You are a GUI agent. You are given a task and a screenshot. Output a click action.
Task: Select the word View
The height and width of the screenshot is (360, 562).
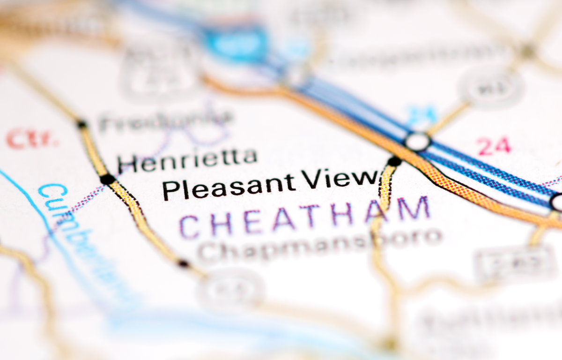(x=340, y=179)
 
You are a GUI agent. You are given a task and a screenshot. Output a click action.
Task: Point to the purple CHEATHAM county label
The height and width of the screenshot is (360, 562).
(x=304, y=218)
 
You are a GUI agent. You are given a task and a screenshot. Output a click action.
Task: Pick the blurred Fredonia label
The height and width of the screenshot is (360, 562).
(x=166, y=121)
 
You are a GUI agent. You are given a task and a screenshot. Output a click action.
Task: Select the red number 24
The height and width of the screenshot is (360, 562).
(x=494, y=147)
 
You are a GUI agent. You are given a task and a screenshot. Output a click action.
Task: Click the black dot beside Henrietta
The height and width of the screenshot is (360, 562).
(x=107, y=179)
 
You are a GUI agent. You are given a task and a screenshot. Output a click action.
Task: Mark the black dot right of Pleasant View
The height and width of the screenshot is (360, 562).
(x=394, y=162)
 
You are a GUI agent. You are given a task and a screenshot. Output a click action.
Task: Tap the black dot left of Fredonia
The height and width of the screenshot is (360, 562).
(x=82, y=124)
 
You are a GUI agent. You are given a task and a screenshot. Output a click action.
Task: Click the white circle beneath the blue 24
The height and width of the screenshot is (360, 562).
(x=417, y=141)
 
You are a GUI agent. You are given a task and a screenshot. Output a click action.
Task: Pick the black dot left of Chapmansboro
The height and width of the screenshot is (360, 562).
(x=183, y=263)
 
